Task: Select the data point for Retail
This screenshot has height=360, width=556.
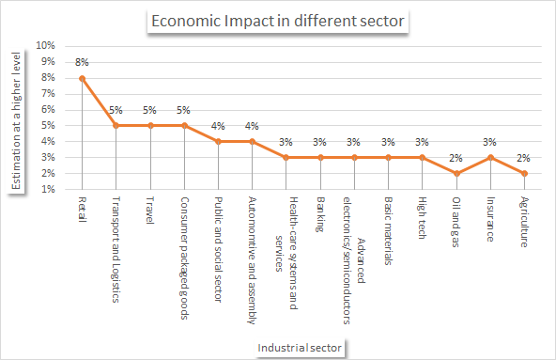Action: [x=82, y=78]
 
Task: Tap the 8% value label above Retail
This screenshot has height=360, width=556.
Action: [x=82, y=62]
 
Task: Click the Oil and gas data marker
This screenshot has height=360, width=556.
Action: [x=456, y=173]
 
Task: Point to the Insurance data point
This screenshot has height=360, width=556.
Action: [x=490, y=157]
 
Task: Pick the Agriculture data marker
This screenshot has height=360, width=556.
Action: [x=524, y=173]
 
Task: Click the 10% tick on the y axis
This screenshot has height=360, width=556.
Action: [x=46, y=46]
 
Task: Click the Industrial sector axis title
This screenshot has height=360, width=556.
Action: [x=301, y=348]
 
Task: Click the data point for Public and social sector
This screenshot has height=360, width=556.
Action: [x=218, y=141]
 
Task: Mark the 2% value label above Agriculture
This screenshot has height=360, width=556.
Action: [x=524, y=158]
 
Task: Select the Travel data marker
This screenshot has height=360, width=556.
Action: [x=149, y=125]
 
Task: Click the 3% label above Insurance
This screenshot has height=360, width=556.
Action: [x=490, y=142]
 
